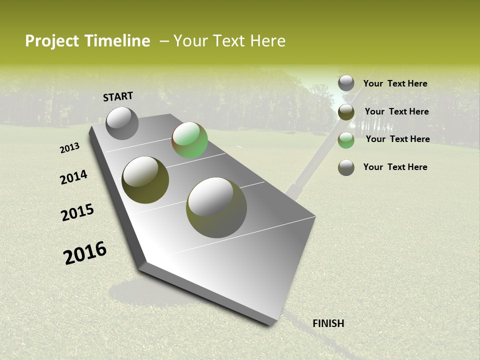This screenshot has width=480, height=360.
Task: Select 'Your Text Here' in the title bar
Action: [229, 41]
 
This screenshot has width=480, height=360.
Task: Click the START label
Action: [118, 96]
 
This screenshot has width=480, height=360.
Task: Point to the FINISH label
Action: [328, 323]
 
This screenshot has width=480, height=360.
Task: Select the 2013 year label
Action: [69, 148]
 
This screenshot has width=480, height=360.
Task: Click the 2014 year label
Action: [73, 177]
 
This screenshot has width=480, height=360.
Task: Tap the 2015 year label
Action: [77, 212]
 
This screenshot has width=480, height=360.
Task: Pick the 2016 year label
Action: [85, 253]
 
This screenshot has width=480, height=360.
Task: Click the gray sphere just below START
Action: [122, 123]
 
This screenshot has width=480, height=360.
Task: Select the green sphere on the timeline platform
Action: [189, 140]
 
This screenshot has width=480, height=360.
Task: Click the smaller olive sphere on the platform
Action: [145, 180]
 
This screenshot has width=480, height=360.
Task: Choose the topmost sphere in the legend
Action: [346, 83]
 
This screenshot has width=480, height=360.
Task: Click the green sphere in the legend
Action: [346, 140]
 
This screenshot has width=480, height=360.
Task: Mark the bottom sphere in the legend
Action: [346, 167]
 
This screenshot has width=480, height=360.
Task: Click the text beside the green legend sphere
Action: [397, 139]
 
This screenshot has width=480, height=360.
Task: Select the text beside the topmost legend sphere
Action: [395, 83]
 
